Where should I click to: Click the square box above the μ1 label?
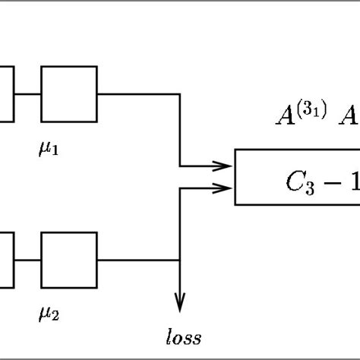click(68, 94)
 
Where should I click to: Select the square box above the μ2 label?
click(68, 260)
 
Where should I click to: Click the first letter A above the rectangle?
click(286, 115)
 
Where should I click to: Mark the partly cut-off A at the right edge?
click(350, 115)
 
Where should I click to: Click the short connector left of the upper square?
click(27, 94)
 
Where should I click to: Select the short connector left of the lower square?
click(27, 260)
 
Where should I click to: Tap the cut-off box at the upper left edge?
click(6, 94)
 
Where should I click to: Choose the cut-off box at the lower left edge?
click(6, 260)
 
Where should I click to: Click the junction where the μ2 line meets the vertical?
click(180, 260)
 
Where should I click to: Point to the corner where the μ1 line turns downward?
click(180, 94)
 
